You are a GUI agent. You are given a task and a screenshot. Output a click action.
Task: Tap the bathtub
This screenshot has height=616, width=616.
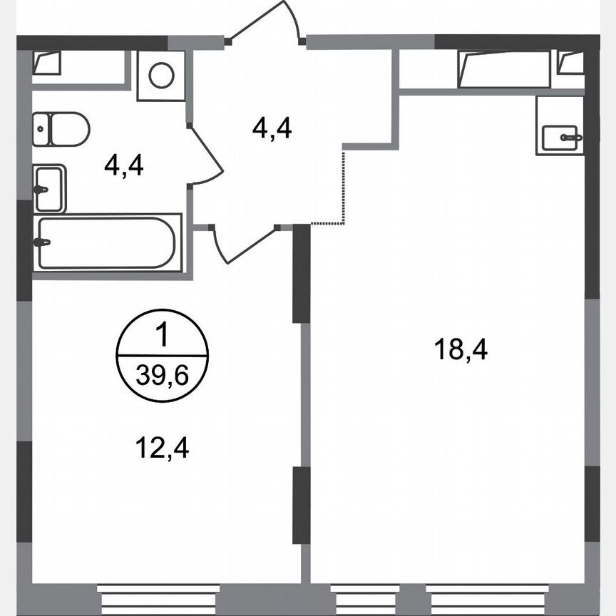[x=106, y=243]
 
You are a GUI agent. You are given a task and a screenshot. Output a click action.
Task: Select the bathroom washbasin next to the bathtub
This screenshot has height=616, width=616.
[x=49, y=189]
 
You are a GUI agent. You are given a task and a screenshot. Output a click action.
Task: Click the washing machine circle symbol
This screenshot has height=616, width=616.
[x=161, y=76]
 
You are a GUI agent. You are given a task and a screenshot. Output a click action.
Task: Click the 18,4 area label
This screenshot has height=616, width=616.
[x=461, y=350]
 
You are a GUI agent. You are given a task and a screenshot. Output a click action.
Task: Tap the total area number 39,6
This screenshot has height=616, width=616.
[x=162, y=376]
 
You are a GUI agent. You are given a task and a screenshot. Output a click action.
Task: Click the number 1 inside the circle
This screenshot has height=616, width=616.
[x=162, y=334]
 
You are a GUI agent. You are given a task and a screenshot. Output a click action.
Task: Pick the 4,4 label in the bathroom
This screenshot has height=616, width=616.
[x=123, y=165]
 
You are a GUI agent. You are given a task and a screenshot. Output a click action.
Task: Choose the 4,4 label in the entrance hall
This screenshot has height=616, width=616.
[x=272, y=128]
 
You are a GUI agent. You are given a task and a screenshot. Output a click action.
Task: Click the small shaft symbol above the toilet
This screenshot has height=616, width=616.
[x=46, y=63]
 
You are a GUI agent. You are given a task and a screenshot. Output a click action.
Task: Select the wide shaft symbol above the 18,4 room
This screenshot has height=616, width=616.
[x=504, y=68]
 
